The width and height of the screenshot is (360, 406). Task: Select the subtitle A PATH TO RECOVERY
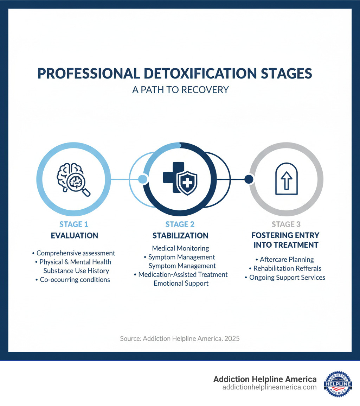[x=180, y=90]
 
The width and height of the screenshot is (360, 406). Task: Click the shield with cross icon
[x=186, y=183]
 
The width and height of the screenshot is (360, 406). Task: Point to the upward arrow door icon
[x=287, y=179]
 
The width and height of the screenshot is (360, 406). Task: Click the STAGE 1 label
[x=73, y=224]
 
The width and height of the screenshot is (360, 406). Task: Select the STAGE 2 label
[x=180, y=224]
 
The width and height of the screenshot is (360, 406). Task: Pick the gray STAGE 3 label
[x=286, y=224]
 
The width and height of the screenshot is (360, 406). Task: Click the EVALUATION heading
[x=75, y=236]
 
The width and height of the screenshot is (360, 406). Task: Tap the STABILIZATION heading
[x=180, y=236]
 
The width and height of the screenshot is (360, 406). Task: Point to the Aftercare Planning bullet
[x=287, y=260]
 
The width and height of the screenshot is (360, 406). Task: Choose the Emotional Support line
[x=181, y=283]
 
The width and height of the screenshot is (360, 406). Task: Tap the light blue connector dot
[x=142, y=179]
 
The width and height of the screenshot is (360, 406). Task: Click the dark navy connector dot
[x=249, y=179]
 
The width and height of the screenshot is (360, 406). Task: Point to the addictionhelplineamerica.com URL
[x=269, y=387]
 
